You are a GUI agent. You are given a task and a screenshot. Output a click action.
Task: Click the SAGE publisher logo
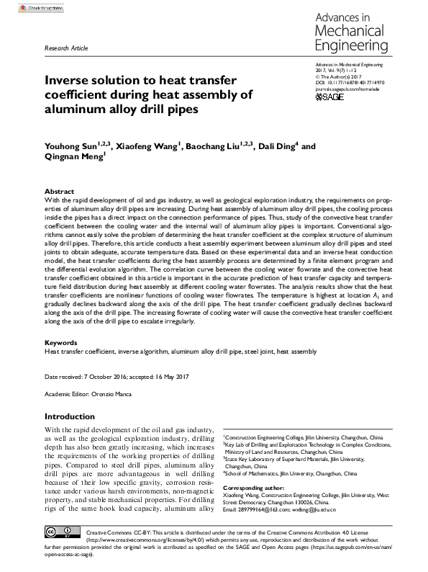tap(329, 96)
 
